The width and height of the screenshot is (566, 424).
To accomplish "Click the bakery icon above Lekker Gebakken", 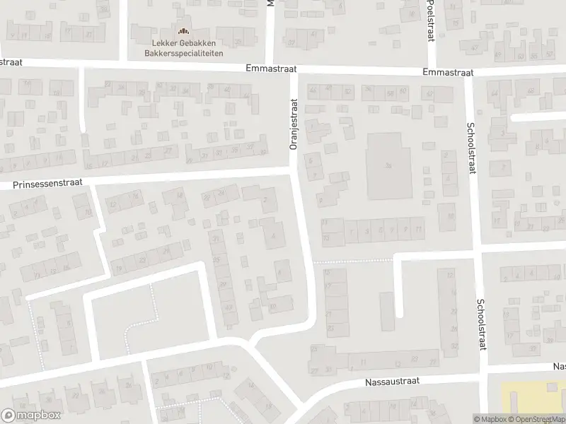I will pyautogui.click(x=183, y=31).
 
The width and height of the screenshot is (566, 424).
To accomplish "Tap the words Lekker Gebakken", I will pyautogui.click(x=183, y=42).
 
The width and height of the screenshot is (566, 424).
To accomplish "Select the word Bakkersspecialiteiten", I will pyautogui.click(x=183, y=52).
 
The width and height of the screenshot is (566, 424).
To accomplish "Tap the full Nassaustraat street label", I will pyautogui.click(x=392, y=381).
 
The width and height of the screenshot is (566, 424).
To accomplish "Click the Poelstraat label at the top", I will pyautogui.click(x=429, y=21).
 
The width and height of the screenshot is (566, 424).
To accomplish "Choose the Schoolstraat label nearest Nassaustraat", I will pyautogui.click(x=480, y=320).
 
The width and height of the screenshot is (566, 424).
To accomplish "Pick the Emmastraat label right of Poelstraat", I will pyautogui.click(x=447, y=73).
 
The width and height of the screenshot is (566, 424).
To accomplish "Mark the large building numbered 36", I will pyautogui.click(x=388, y=165).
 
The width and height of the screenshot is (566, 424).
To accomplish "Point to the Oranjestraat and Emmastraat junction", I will pyautogui.click(x=294, y=71).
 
